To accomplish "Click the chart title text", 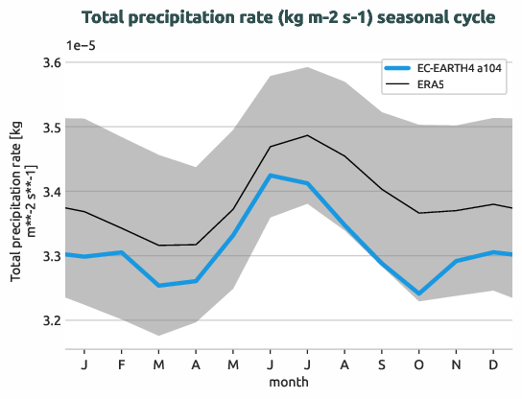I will pyautogui.click(x=289, y=18).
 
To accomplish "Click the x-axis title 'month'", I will pyautogui.click(x=289, y=382).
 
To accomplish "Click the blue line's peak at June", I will pyautogui.click(x=271, y=176).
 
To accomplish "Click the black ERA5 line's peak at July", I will pyautogui.click(x=307, y=135).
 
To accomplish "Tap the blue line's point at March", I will pyautogui.click(x=159, y=286).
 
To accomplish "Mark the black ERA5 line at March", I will pyautogui.click(x=159, y=246).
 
